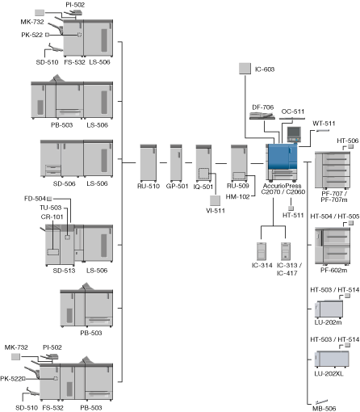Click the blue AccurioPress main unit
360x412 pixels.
click(x=282, y=162)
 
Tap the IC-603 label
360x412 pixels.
click(x=265, y=69)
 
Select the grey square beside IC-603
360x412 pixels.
click(x=245, y=69)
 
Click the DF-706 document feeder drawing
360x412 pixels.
click(x=262, y=116)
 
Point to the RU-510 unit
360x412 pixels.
click(x=149, y=163)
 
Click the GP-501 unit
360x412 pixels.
click(x=176, y=163)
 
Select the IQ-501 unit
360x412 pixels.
click(x=203, y=163)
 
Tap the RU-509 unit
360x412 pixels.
click(x=239, y=163)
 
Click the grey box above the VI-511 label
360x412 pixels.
click(x=215, y=200)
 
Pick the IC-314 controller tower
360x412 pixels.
click(x=262, y=251)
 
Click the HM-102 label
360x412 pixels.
click(x=237, y=197)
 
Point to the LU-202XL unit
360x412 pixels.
click(x=332, y=359)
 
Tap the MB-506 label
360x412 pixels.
click(x=324, y=409)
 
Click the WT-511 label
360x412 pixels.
click(x=324, y=124)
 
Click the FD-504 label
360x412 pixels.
click(x=35, y=199)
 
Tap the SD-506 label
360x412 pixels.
click(x=65, y=183)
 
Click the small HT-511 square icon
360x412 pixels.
click(x=291, y=208)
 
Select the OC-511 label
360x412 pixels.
click(x=293, y=111)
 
